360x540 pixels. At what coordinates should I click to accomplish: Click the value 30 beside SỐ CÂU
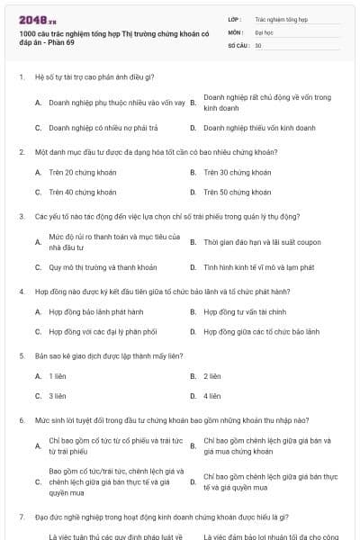258,44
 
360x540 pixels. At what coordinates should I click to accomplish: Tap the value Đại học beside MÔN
264,31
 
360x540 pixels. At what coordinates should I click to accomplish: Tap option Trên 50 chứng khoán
238,192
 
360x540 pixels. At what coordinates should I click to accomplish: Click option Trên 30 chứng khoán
238,172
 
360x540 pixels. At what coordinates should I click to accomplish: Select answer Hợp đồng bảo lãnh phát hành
96,311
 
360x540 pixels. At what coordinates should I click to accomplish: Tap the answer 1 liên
58,375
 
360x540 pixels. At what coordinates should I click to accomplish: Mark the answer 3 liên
58,395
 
